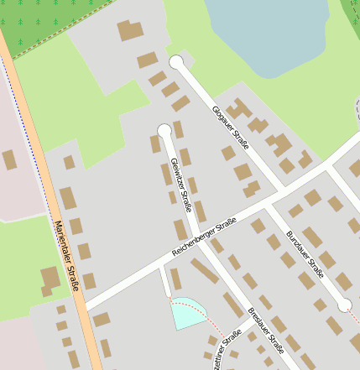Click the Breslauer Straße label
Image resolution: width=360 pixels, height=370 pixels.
[x=266, y=332]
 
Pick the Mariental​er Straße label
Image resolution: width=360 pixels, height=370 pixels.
[x=67, y=255]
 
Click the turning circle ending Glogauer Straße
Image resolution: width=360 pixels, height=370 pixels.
[x=176, y=62]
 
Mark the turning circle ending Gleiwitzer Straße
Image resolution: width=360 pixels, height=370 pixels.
[x=164, y=130]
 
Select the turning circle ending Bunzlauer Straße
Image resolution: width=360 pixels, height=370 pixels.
[x=345, y=305]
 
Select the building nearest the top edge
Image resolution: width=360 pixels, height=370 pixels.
[x=130, y=30]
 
